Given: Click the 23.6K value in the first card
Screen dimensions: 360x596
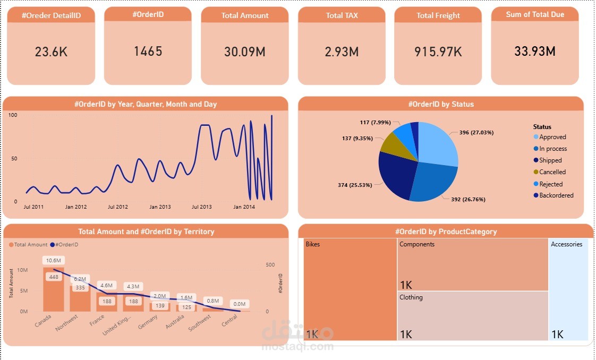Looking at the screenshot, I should (51, 52).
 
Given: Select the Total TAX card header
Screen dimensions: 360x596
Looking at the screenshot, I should (342, 15).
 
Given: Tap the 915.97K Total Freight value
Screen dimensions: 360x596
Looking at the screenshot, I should (438, 52).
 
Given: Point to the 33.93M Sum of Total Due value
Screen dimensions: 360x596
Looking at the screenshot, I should (534, 52).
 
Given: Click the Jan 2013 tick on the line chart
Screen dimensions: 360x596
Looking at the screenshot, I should (160, 207).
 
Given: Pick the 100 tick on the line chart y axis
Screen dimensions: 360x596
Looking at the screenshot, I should (13, 115).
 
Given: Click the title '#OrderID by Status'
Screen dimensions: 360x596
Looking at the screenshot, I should (440, 104).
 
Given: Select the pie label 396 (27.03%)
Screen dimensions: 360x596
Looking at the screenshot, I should (476, 132).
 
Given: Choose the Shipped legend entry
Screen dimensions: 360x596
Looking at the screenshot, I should (550, 160).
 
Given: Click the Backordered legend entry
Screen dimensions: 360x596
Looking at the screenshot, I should (556, 195).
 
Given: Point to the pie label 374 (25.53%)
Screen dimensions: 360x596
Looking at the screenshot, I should (356, 185).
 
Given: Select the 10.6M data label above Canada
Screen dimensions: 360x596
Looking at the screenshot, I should (54, 260).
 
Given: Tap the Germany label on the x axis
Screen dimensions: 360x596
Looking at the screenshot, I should (148, 322).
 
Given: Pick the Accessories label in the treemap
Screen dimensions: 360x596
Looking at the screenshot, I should (566, 244).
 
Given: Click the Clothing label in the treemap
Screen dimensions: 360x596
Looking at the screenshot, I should (411, 297).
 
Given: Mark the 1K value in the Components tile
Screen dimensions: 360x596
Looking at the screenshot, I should (406, 284).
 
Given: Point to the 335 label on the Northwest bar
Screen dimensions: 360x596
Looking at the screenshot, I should (80, 287).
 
